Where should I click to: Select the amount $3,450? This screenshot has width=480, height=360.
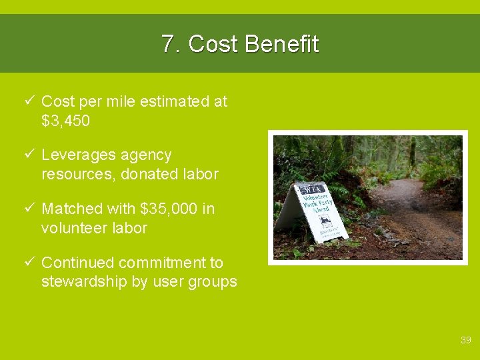pyautogui.click(x=65, y=121)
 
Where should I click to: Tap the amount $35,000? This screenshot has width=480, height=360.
pyautogui.click(x=169, y=209)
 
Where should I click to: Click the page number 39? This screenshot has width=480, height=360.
pyautogui.click(x=466, y=341)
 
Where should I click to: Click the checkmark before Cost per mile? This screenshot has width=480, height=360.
pyautogui.click(x=28, y=101)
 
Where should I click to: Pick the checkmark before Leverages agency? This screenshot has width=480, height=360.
pyautogui.click(x=28, y=155)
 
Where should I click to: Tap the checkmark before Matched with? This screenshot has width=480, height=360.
pyautogui.click(x=28, y=209)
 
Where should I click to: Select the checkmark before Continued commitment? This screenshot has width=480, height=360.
pyautogui.click(x=28, y=263)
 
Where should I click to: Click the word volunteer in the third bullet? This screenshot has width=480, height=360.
pyautogui.click(x=71, y=228)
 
